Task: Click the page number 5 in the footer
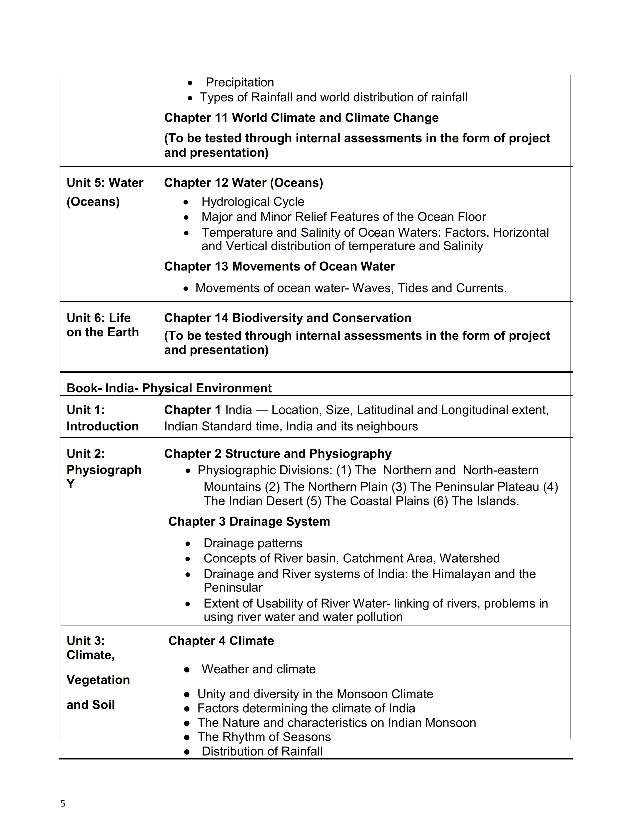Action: click(x=63, y=803)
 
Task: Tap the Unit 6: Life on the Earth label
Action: click(x=103, y=325)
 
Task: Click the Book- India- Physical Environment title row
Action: click(x=169, y=388)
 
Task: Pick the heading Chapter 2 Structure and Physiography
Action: click(x=278, y=454)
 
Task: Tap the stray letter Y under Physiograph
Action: click(x=70, y=484)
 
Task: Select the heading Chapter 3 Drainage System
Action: click(x=249, y=521)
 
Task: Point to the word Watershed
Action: click(x=469, y=558)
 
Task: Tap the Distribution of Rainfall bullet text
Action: click(x=262, y=751)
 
